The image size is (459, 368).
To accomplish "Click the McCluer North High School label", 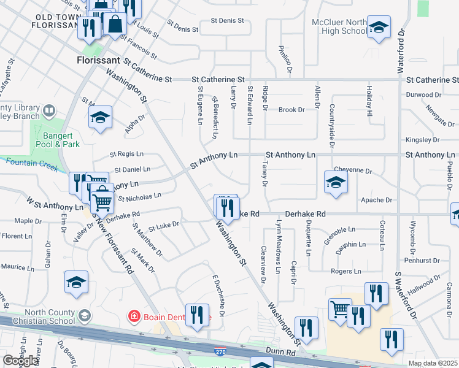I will (x=339, y=26).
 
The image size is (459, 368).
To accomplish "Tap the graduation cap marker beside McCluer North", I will (x=379, y=28).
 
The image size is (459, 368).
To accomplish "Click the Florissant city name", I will (x=100, y=61).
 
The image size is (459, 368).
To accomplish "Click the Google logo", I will (x=21, y=361).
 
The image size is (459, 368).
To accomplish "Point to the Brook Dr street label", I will (x=291, y=110).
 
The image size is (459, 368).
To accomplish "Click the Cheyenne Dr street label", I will (x=353, y=169).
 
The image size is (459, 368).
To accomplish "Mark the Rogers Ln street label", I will (x=345, y=271).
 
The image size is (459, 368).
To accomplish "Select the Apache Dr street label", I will (x=376, y=200).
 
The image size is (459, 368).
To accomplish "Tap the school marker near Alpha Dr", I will (x=100, y=118).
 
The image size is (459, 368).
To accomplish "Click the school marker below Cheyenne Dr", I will (x=336, y=182).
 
